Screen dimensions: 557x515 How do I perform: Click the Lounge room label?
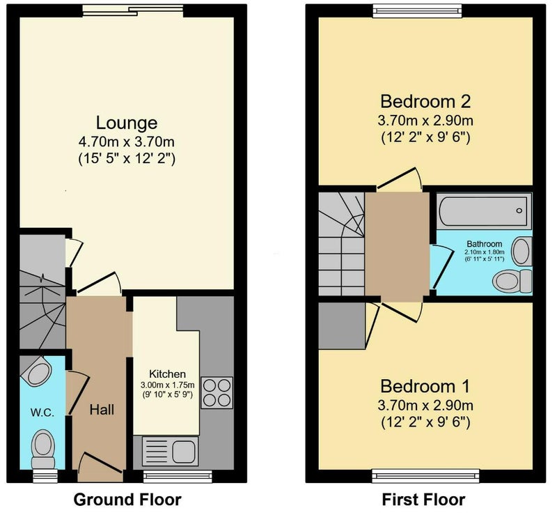(x=127, y=123)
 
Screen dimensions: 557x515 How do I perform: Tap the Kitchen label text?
(x=167, y=374)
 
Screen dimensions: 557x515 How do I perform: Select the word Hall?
(x=102, y=410)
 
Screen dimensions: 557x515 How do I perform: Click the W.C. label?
(x=42, y=413)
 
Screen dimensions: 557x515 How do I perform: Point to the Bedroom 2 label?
(x=425, y=101)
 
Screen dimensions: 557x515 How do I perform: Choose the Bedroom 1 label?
(x=425, y=386)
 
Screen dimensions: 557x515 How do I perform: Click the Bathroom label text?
(x=484, y=244)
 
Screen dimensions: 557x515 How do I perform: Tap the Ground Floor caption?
(x=127, y=500)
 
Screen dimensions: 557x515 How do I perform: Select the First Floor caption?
(x=423, y=500)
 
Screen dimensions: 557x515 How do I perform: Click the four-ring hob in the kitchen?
(x=217, y=392)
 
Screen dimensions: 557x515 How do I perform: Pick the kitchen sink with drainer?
(x=170, y=452)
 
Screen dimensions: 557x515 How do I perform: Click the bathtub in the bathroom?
(x=484, y=211)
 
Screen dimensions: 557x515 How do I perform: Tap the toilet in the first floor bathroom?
(x=512, y=281)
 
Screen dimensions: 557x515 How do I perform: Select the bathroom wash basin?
(x=522, y=252)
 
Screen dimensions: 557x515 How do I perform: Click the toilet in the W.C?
(x=43, y=449)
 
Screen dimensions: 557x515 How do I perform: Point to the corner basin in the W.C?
(x=36, y=371)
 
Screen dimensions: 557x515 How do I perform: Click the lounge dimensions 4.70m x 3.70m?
(x=127, y=142)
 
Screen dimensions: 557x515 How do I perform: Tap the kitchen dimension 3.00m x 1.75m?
(x=167, y=385)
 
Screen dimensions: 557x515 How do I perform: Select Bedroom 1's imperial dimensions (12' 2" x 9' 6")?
(x=425, y=422)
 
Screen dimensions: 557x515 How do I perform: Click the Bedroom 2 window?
(x=418, y=12)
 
